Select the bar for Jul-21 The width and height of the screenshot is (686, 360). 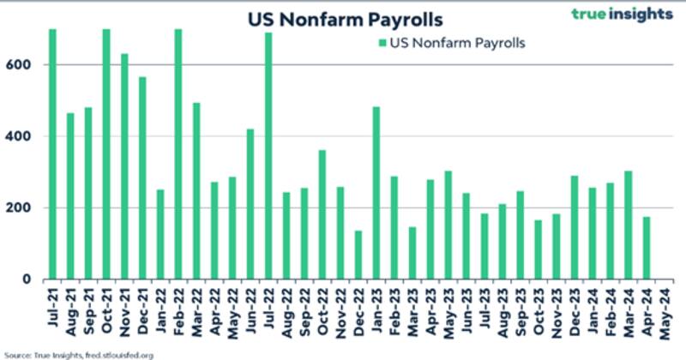[x=52, y=154]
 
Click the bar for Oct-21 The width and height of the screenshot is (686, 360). [x=106, y=154]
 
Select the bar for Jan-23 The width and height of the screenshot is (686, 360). [x=376, y=193]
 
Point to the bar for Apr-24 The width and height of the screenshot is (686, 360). [x=647, y=248]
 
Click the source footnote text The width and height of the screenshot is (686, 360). [x=79, y=353]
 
